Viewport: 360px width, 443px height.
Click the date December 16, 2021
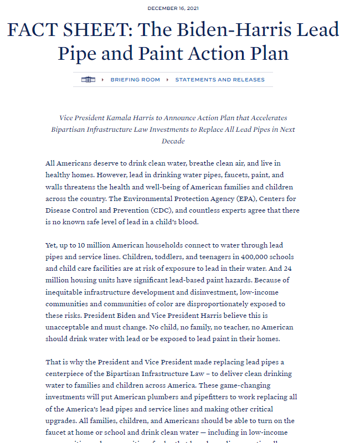click(173, 8)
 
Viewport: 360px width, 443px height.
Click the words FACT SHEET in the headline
click(67, 29)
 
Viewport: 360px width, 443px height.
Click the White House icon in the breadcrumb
click(88, 80)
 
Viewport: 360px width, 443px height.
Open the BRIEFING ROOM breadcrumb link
click(135, 80)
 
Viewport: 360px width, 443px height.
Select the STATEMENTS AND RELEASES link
click(220, 80)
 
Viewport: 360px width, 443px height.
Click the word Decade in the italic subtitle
click(173, 141)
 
